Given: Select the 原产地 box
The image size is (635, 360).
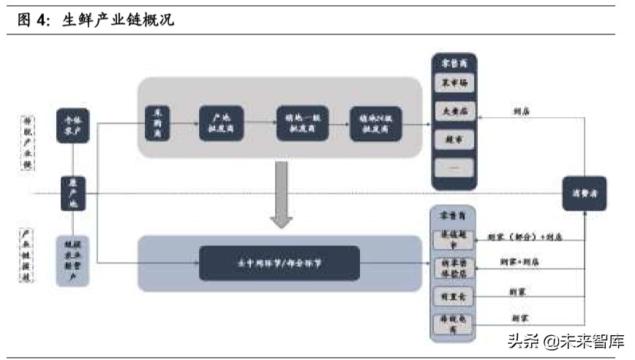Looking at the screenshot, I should (72, 193).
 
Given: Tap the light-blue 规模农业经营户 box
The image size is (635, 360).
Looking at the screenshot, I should (72, 260).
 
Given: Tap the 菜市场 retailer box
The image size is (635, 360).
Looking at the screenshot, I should (454, 83).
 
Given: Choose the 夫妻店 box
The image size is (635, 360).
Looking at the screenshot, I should (454, 111).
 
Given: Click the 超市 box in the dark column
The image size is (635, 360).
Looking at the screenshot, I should (454, 138).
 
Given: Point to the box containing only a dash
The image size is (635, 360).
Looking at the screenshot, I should (454, 167).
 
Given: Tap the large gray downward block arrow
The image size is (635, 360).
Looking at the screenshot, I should (281, 195).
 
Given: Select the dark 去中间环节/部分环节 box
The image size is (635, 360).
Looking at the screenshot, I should (279, 263).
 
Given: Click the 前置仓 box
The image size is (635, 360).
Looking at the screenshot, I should (454, 296).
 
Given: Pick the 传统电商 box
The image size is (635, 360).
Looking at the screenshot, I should (454, 323).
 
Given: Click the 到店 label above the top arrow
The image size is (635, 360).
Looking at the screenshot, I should (522, 112).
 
